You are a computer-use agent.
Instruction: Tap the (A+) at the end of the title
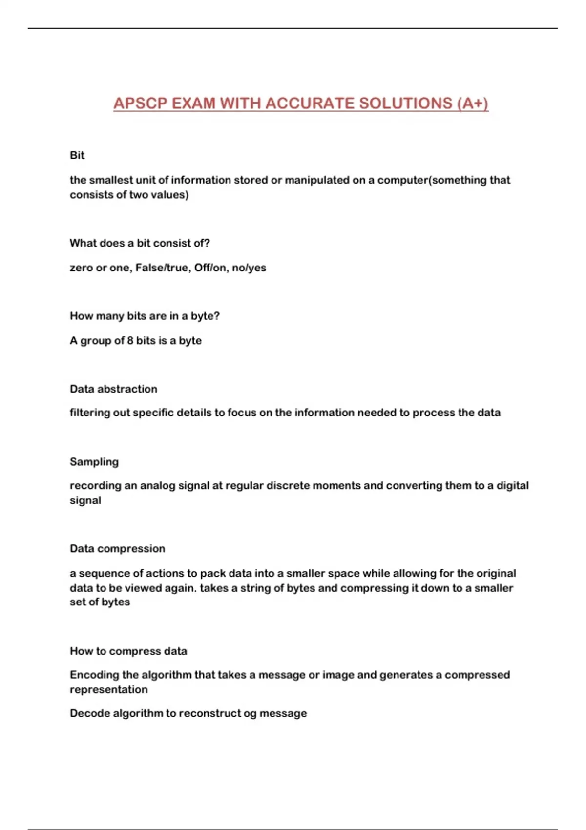click(473, 104)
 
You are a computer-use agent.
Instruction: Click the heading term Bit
click(77, 155)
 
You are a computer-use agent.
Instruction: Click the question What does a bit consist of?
click(140, 243)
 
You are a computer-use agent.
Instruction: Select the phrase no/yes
click(249, 268)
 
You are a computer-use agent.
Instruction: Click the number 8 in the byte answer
click(130, 340)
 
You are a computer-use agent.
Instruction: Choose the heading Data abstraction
click(113, 389)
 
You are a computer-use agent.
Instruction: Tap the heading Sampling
click(94, 462)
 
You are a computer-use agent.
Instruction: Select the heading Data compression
click(117, 549)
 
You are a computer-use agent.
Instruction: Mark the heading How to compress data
click(128, 651)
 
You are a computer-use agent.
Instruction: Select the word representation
click(108, 689)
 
